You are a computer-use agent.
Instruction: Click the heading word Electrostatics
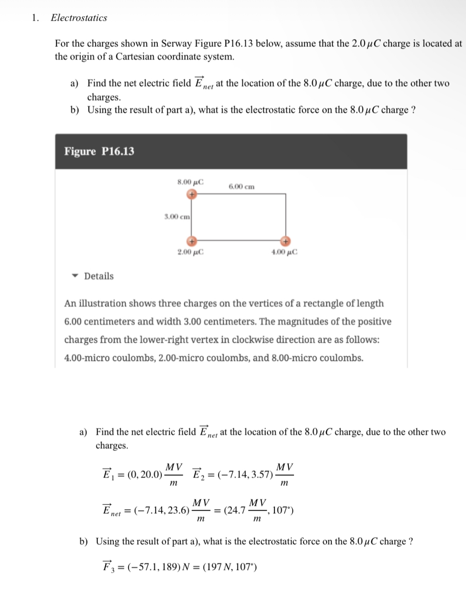click(x=79, y=18)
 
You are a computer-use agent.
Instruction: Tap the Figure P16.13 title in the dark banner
click(x=99, y=151)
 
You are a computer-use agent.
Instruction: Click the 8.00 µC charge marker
click(x=192, y=194)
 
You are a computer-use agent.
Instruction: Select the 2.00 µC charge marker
click(x=192, y=241)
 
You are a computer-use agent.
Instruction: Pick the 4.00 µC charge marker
click(x=285, y=241)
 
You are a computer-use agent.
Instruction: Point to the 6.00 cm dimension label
click(x=241, y=187)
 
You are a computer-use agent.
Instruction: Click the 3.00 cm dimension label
click(x=177, y=217)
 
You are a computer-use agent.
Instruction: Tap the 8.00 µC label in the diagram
click(x=190, y=182)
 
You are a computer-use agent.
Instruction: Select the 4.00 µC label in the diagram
click(x=284, y=252)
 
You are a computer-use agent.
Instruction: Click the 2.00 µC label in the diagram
click(x=190, y=252)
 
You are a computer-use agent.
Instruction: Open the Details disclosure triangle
click(x=74, y=276)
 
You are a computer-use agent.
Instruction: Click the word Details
click(x=99, y=276)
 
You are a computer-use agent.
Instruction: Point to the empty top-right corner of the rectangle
click(x=286, y=194)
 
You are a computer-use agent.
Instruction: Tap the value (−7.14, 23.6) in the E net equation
click(x=162, y=510)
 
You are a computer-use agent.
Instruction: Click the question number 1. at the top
click(x=35, y=18)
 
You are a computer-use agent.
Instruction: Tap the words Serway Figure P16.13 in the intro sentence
click(x=207, y=43)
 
